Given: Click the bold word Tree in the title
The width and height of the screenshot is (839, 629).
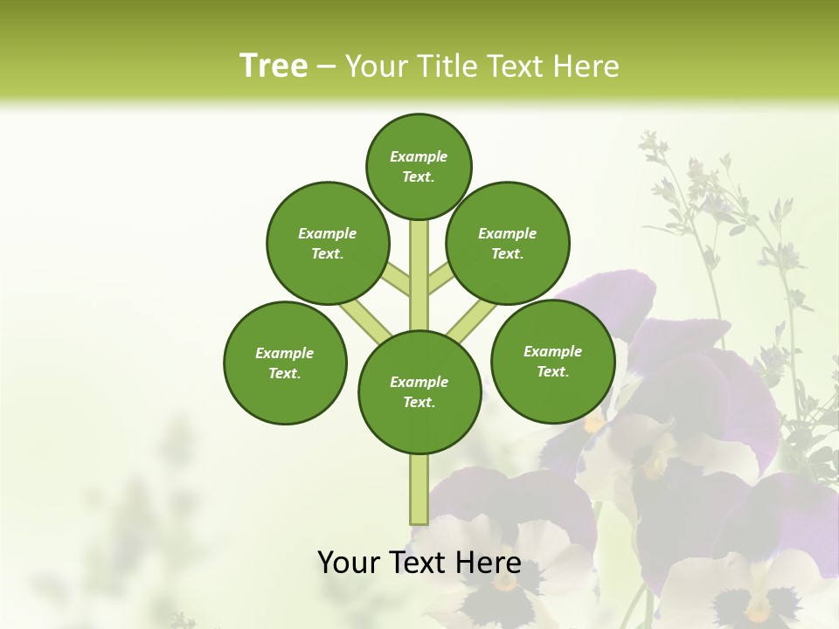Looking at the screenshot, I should coord(274,66).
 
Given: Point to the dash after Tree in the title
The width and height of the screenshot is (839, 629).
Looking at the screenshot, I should coord(326,67).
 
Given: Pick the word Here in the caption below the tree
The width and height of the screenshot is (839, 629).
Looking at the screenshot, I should coord(488,563).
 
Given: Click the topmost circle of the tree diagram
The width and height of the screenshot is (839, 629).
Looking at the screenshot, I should coord(419,166).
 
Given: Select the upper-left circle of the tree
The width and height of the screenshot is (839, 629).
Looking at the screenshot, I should coord(328,243).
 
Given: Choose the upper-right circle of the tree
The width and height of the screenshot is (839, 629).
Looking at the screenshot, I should coord(508,243).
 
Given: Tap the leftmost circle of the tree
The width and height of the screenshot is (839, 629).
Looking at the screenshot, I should coord(285,363).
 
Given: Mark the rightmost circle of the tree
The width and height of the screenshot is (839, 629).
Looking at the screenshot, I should coord(552,361).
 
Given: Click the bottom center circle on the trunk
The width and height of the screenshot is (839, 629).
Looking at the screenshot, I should coord(419,391).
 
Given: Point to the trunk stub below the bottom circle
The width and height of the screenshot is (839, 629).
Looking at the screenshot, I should coord(419,489).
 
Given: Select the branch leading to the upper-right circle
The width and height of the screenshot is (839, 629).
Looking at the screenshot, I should coord(440,280).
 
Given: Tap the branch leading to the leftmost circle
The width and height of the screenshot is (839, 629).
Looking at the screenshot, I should coord(363,321).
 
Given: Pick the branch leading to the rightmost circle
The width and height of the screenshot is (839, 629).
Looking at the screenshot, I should coord(473,321).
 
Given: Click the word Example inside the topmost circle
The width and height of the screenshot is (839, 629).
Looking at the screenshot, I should coord(419,157).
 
